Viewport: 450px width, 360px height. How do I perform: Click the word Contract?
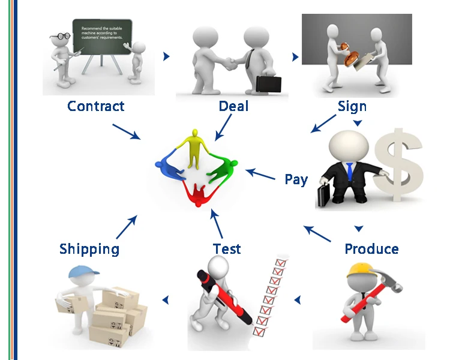click(96, 106)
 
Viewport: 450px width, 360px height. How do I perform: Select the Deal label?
click(233, 106)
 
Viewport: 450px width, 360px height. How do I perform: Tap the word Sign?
click(352, 106)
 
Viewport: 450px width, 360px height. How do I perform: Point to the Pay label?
click(296, 179)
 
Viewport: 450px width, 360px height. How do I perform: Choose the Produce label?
click(371, 248)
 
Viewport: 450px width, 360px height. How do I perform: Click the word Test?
click(227, 248)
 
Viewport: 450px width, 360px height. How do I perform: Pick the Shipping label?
click(89, 248)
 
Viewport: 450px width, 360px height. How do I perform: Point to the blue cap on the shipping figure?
click(79, 274)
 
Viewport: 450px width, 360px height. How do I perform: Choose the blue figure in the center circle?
click(171, 167)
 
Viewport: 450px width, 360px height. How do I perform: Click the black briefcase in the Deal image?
click(268, 84)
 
